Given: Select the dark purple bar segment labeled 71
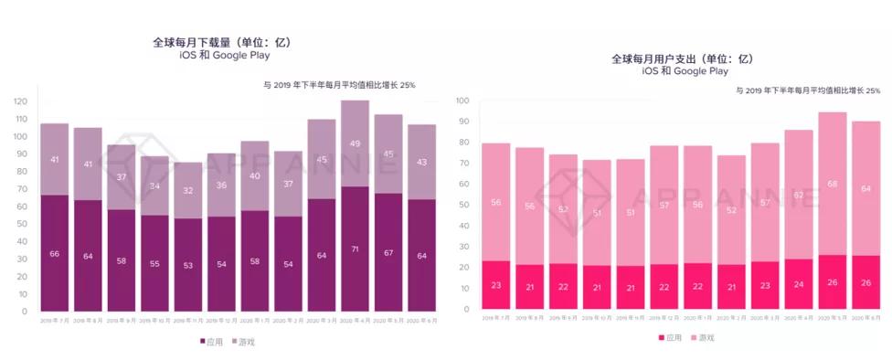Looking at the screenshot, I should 355,249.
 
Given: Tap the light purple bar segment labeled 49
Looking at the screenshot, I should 355,143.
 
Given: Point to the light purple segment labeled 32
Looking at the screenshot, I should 188,190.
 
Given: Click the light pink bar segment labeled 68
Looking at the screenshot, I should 832,184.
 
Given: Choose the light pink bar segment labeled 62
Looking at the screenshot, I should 799,195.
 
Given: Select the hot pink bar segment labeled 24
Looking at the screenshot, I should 799,284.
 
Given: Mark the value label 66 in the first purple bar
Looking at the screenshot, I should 54,253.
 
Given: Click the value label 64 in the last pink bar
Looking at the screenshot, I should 865,189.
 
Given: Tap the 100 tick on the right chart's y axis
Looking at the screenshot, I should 462,101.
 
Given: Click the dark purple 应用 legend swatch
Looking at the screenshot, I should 204,342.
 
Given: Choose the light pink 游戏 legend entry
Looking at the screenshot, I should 704,337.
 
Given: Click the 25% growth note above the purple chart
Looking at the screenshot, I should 339,85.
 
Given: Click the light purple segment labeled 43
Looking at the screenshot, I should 421,162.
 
